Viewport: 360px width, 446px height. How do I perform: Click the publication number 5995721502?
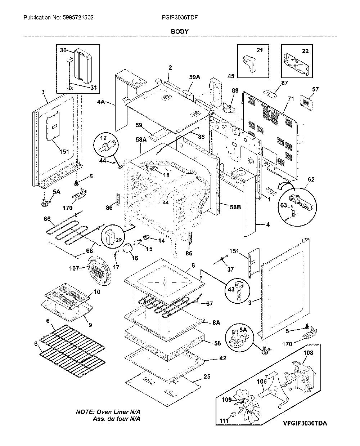coord(78,17)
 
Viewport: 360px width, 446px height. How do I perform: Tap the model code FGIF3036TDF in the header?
coord(180,17)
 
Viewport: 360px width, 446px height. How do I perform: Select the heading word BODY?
coord(180,32)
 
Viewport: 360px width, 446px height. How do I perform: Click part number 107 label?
coord(74,268)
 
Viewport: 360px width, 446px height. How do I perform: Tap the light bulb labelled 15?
coord(136,243)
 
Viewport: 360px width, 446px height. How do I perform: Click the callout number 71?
coord(291,99)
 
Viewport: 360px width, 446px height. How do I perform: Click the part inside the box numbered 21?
coord(249,63)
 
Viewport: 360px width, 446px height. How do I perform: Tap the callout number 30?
coord(63,50)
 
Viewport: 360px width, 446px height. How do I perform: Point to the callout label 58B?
coord(235,207)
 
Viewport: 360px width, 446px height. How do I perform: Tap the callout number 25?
coord(207,376)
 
